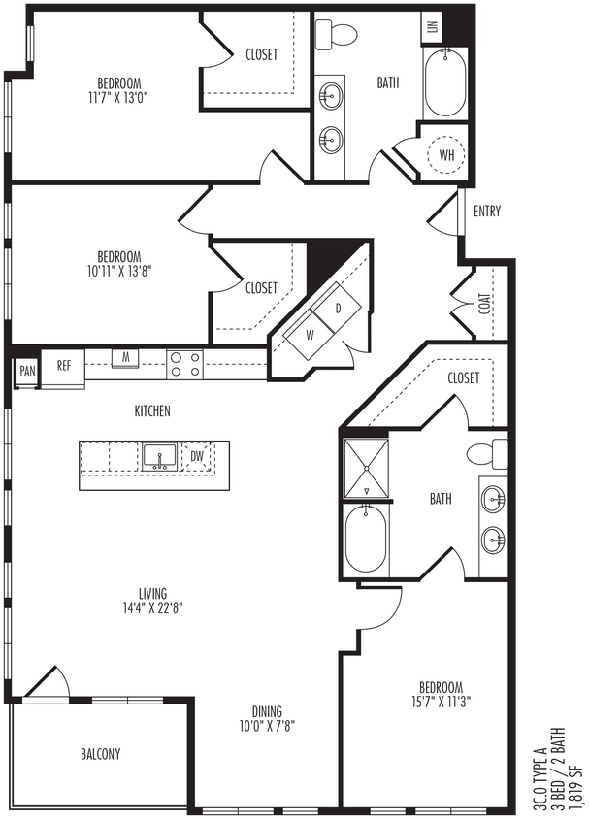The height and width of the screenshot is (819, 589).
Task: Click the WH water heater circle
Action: pyautogui.click(x=446, y=155)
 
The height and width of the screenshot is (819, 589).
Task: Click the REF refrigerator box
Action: pyautogui.click(x=64, y=366)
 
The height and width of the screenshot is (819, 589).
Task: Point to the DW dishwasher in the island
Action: pyautogui.click(x=197, y=455)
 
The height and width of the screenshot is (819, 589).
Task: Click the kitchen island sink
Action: pyautogui.click(x=158, y=455)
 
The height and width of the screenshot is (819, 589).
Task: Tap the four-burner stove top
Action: pyautogui.click(x=184, y=364)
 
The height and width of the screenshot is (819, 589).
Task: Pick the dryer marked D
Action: pyautogui.click(x=339, y=309)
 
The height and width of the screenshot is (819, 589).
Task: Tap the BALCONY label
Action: pyautogui.click(x=101, y=754)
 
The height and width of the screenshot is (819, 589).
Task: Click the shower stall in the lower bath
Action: pyautogui.click(x=366, y=468)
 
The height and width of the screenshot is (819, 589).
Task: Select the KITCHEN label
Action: pyautogui.click(x=152, y=411)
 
